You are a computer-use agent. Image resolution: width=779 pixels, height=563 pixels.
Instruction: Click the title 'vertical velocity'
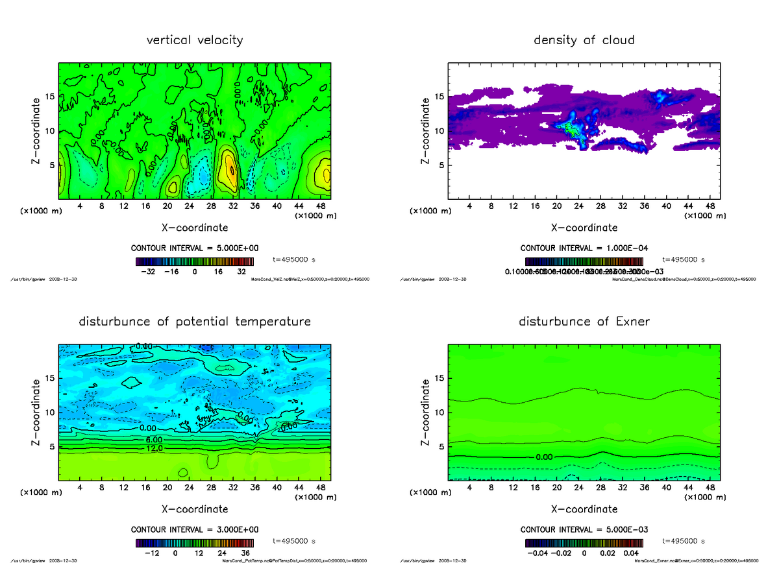[x=195, y=40]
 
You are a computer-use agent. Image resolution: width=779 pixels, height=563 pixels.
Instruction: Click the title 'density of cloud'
[x=584, y=40]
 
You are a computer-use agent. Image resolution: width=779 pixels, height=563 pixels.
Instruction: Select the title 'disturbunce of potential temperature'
[x=195, y=322]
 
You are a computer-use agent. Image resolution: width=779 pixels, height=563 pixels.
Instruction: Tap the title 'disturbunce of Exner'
[x=584, y=322]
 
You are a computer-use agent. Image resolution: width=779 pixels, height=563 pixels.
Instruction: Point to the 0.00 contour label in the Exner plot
[x=544, y=457]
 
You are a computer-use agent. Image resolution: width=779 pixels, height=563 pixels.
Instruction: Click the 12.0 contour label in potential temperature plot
[x=154, y=448]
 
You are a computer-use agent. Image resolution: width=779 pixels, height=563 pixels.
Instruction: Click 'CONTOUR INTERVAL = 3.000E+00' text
[x=195, y=529]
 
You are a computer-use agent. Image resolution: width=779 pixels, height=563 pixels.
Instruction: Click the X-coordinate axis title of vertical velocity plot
[x=195, y=228]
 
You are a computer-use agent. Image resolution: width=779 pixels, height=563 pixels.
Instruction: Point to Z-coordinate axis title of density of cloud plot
[x=426, y=130]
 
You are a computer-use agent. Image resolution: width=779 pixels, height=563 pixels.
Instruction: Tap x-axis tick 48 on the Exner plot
[x=710, y=487]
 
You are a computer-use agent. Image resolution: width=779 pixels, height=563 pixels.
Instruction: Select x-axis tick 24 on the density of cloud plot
[x=578, y=206]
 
